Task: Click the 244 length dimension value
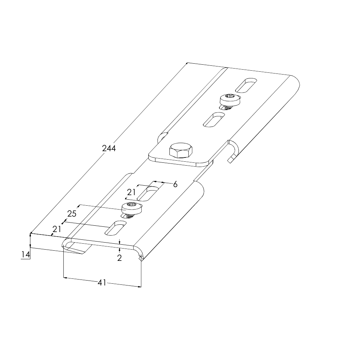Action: [x=109, y=148]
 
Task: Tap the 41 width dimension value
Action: [x=102, y=282]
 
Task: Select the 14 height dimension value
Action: [x=25, y=255]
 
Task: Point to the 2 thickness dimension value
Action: [x=120, y=258]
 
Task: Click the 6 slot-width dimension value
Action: [x=175, y=184]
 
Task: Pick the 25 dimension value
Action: [x=72, y=214]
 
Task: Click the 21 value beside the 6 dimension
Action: [x=131, y=192]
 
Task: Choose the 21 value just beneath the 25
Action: [x=57, y=229]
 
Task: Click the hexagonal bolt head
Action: [x=181, y=150]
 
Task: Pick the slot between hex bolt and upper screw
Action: [x=214, y=120]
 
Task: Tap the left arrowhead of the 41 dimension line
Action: [x=65, y=278]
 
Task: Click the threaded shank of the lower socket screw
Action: [x=130, y=215]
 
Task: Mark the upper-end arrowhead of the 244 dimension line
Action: [x=187, y=63]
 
